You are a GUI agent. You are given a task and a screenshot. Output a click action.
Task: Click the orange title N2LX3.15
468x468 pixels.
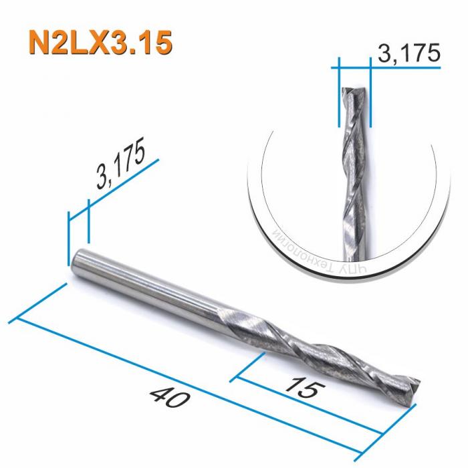100,41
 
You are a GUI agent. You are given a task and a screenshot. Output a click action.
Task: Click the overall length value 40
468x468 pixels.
172,398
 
